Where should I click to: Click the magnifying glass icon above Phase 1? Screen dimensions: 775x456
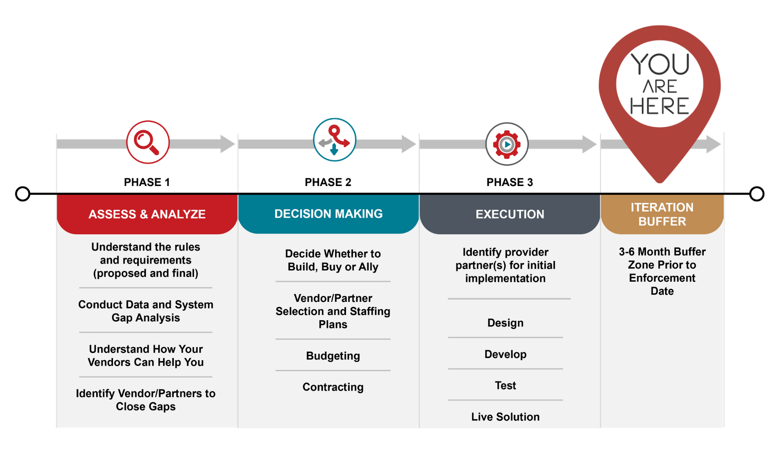[148, 142]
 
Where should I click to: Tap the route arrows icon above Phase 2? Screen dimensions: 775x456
[335, 140]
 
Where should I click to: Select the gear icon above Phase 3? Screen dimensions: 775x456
[507, 144]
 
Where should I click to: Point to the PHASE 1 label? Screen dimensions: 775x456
[147, 182]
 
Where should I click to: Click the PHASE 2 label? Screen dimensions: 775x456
[328, 182]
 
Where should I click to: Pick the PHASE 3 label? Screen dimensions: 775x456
[510, 182]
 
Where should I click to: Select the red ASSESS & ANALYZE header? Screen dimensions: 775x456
[147, 214]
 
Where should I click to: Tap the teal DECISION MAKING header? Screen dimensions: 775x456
[328, 214]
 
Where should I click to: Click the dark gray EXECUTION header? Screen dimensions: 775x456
[510, 214]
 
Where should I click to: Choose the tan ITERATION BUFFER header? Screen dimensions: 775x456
[662, 214]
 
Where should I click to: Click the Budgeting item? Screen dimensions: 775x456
[333, 356]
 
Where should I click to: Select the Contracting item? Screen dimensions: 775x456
[333, 387]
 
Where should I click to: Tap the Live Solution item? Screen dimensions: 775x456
[505, 417]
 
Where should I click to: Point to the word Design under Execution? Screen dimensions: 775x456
[505, 323]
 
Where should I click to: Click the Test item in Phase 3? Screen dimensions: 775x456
[505, 385]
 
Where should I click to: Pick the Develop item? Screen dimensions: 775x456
[505, 354]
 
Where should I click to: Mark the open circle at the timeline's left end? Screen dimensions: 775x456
[23, 194]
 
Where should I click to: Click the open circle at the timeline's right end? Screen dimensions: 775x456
[757, 194]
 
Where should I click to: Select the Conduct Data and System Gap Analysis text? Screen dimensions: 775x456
[146, 311]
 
